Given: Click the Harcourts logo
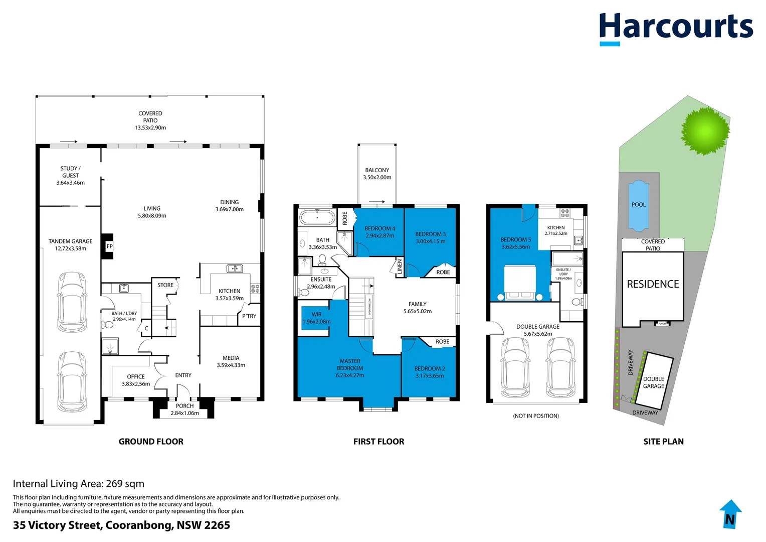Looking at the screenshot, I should [676, 28].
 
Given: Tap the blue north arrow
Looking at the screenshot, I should [730, 514].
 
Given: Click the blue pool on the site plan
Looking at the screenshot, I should [638, 205].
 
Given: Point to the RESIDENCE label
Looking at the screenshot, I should [653, 285].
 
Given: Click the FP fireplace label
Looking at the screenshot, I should [109, 246].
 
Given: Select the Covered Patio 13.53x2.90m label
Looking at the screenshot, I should [150, 120].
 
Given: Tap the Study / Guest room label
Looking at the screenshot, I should [70, 176].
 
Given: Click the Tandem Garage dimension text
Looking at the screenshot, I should [70, 248].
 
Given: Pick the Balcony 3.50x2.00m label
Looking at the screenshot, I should [377, 174].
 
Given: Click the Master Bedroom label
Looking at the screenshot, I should [350, 368].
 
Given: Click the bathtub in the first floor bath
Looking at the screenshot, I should [317, 218].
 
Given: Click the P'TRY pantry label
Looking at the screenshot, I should [249, 316].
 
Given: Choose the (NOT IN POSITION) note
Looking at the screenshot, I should [535, 416].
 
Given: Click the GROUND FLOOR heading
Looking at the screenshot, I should [151, 442].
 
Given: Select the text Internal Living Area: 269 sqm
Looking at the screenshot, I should [79, 484].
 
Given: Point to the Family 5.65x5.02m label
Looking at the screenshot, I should [418, 308].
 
